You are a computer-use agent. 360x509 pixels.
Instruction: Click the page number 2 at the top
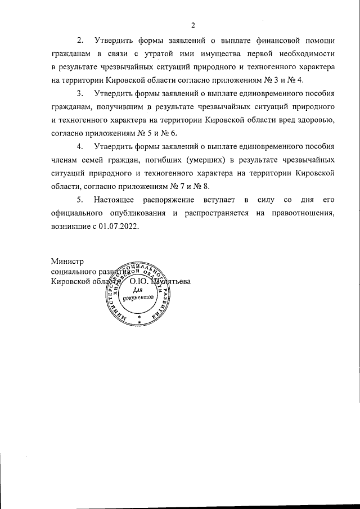coord(192,25)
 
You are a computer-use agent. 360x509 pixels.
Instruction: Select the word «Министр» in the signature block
coord(66,262)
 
